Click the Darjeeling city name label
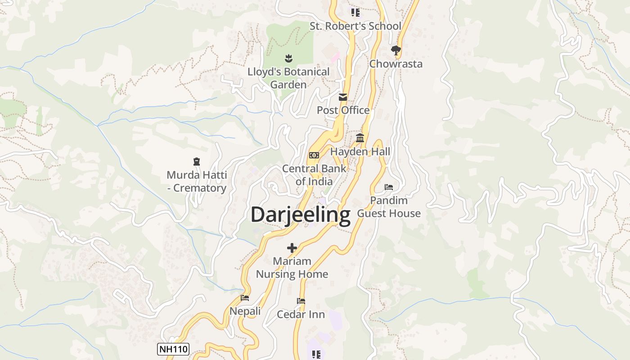pos(300,215)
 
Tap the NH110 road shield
pos(173,349)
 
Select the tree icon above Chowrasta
pos(396,50)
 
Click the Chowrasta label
pos(396,64)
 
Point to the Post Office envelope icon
pos(343,97)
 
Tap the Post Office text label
pos(343,110)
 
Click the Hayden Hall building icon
pos(360,138)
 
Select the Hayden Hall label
pos(360,152)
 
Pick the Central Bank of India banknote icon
pos(314,155)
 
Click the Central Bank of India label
pos(314,175)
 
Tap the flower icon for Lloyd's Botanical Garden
pos(288,58)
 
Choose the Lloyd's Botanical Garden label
pos(288,78)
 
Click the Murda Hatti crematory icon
pos(196,161)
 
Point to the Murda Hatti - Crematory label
pos(197,181)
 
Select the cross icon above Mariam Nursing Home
pos(292,247)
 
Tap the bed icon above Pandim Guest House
pos(389,187)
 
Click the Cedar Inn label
pos(301,314)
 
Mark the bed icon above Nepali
pos(245,298)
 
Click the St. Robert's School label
pos(355,26)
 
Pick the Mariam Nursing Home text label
pos(292,267)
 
